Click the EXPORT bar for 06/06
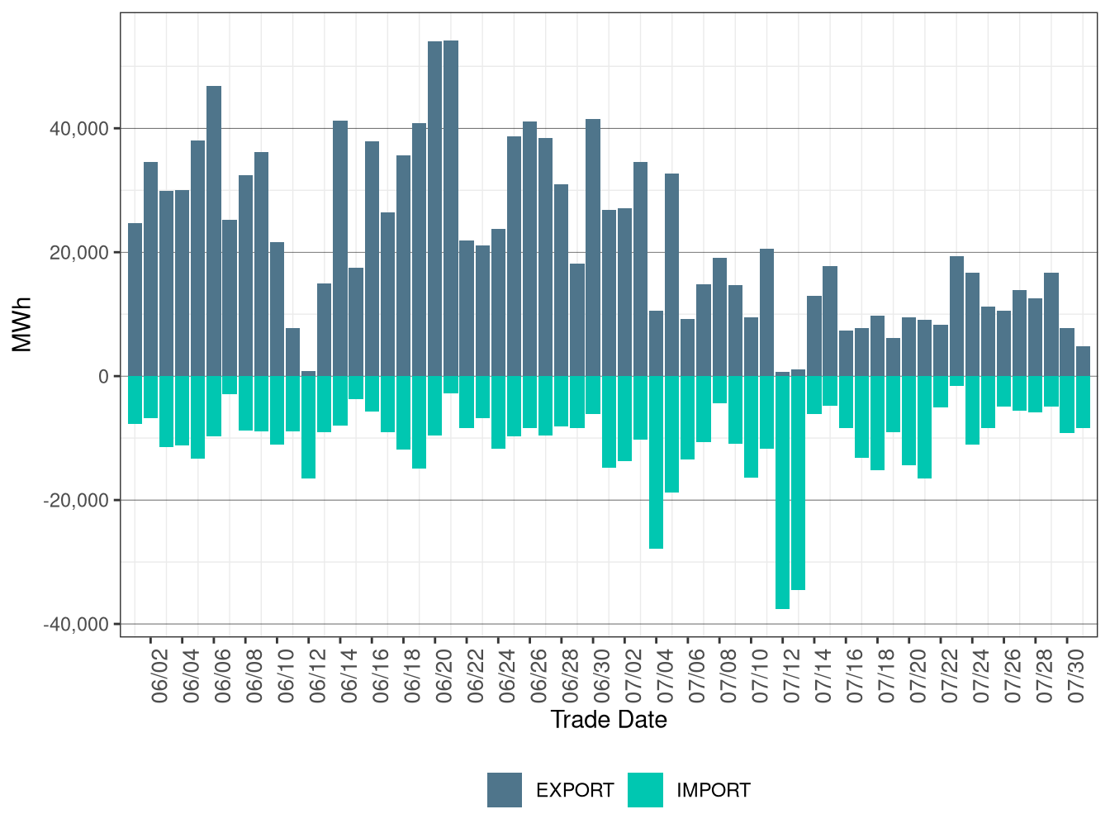(x=213, y=231)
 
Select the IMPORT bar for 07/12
(x=782, y=493)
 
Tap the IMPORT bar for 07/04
(x=656, y=462)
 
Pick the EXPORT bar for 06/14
(x=339, y=249)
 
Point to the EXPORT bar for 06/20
(x=435, y=209)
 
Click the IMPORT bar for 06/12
(x=309, y=427)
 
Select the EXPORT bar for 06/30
(x=593, y=248)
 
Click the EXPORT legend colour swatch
(x=504, y=790)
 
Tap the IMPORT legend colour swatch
(x=645, y=790)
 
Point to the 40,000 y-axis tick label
(x=79, y=129)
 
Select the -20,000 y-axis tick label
(x=76, y=501)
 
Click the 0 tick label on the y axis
(x=104, y=377)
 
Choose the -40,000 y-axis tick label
(x=76, y=625)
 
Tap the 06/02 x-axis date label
(x=159, y=676)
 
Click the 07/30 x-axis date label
(x=1075, y=676)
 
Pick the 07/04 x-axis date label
(x=665, y=676)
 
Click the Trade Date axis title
(x=609, y=720)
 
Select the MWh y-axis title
(x=22, y=324)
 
